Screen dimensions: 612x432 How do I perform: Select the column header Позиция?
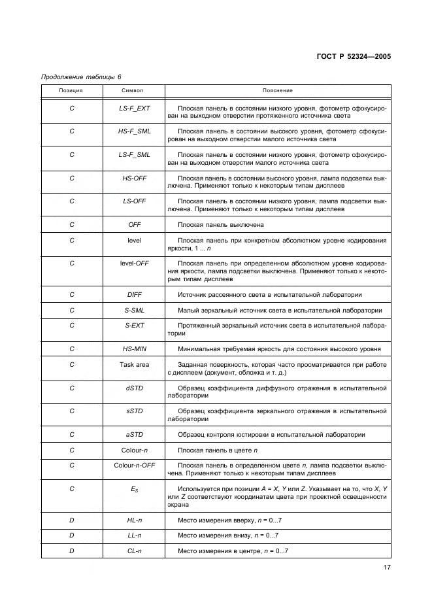tap(71, 90)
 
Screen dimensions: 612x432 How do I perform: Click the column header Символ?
tap(134, 90)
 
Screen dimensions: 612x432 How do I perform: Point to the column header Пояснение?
tap(278, 90)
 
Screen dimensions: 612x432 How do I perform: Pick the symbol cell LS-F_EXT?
tap(135, 108)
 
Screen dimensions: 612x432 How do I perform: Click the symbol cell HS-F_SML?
tap(135, 131)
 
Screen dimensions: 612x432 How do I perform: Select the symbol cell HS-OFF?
tap(135, 178)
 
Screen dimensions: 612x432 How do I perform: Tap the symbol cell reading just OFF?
tap(135, 225)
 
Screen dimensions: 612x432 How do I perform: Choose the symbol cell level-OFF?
tap(135, 263)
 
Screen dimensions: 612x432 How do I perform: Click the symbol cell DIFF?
tap(135, 295)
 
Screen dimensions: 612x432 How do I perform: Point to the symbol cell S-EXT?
tap(135, 325)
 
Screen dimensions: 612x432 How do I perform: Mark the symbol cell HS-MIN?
tap(135, 348)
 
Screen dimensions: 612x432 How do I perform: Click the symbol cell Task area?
tap(135, 364)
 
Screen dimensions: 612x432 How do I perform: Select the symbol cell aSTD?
tap(135, 435)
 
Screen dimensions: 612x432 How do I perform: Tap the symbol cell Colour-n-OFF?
tap(135, 466)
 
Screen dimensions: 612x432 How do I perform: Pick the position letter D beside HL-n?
tap(72, 520)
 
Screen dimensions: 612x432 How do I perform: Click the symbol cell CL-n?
tap(135, 551)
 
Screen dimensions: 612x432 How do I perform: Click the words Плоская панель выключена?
tap(221, 225)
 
